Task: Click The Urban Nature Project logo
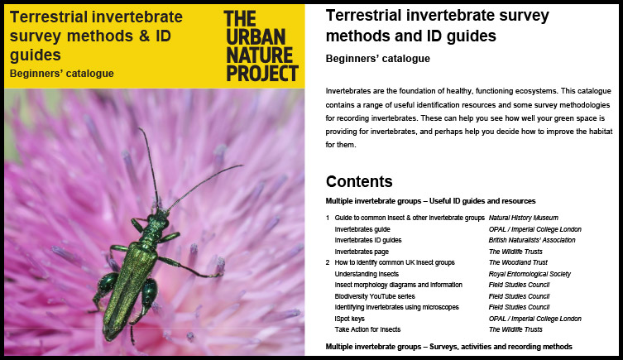coord(261,46)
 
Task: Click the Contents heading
coord(359,181)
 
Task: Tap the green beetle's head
coord(158,218)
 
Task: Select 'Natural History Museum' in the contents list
coord(523,218)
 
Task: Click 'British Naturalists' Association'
coord(532,240)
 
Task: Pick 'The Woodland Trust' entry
coord(518,262)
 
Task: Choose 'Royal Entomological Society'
coord(530,274)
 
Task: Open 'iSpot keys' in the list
coord(350,319)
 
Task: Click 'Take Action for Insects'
coord(367,329)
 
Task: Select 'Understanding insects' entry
coord(367,274)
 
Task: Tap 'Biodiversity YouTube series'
coord(375,296)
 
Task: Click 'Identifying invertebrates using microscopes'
coord(396,307)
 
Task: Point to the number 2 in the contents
coord(328,262)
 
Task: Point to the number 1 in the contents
coord(328,218)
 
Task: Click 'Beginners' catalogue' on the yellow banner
coord(61,74)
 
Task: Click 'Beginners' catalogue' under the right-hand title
coord(378,59)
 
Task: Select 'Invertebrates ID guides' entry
coord(368,240)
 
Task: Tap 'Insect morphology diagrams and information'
coord(399,285)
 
